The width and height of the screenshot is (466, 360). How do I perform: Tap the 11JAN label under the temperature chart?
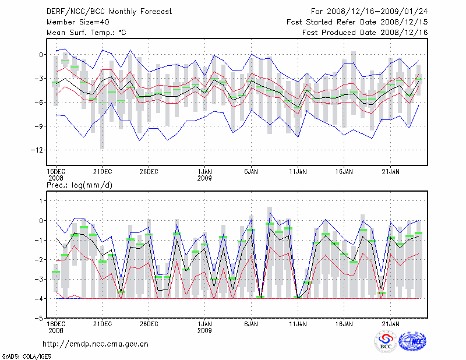tap(298, 171)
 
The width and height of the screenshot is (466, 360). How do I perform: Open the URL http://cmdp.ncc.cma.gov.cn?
tap(96, 344)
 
